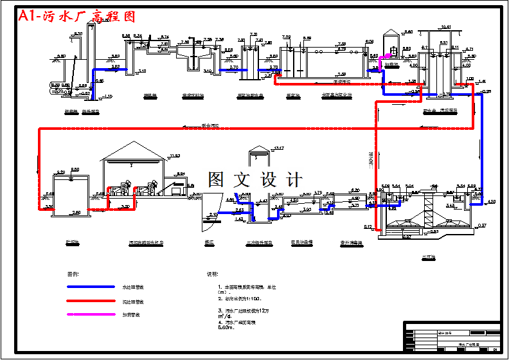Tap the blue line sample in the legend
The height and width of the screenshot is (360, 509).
point(89,287)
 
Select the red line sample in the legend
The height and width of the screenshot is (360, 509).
point(89,301)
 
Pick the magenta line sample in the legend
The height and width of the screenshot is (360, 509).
point(89,315)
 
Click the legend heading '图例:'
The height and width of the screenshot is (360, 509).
point(73,273)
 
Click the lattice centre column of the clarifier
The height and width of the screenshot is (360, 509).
point(428,209)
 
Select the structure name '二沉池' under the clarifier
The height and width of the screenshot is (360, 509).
point(429,256)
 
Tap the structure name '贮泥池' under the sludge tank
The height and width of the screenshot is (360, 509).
point(72,242)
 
